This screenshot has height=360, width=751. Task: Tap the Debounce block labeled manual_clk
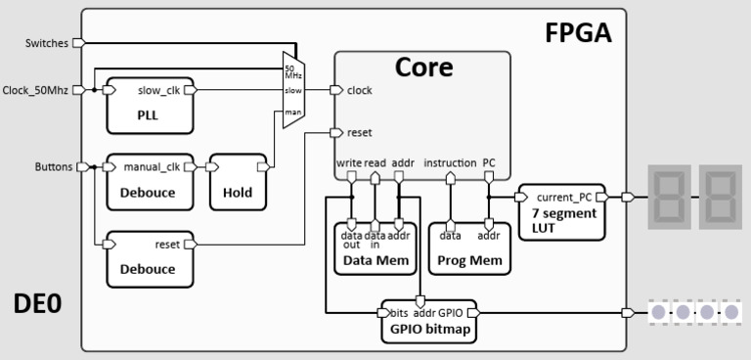pos(150,181)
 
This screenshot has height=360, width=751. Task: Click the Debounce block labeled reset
pos(150,259)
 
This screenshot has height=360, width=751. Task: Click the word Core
pos(422,67)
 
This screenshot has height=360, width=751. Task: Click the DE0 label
pos(37,304)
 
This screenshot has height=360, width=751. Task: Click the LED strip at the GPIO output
pos(694,313)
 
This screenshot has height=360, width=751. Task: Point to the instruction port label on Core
pos(451,163)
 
